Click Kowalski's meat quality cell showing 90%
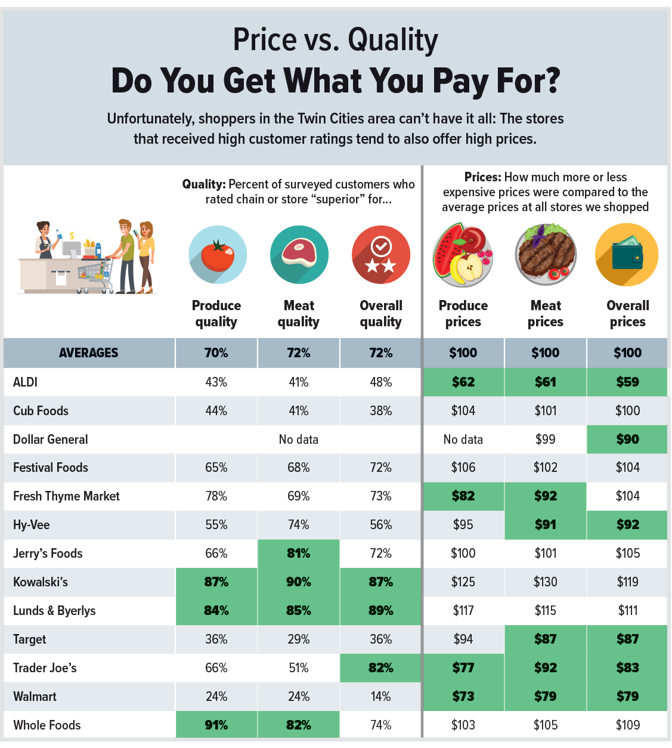[299, 582]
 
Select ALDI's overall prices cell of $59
[627, 382]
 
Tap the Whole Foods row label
[47, 725]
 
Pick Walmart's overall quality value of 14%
[380, 697]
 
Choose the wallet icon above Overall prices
[627, 255]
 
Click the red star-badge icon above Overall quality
[381, 255]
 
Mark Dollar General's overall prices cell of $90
[627, 439]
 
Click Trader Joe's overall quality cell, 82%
[380, 668]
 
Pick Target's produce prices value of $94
[463, 639]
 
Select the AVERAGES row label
[89, 353]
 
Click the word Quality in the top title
[392, 41]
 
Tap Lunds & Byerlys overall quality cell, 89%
[380, 611]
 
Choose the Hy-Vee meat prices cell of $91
[546, 525]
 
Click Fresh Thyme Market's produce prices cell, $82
[463, 496]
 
